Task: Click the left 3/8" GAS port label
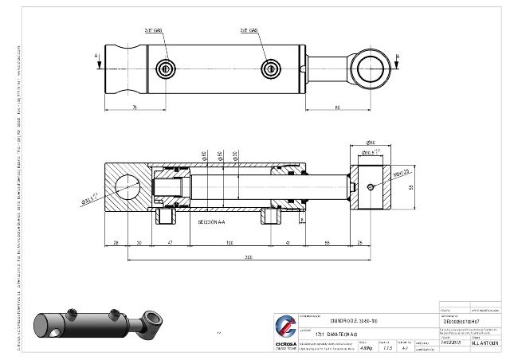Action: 154,30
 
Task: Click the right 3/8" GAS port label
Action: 249,30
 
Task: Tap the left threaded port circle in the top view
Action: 166,68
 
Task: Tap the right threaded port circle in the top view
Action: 272,68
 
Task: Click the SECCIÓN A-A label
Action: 214,222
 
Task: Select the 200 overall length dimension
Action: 248,258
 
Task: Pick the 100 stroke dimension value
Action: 229,241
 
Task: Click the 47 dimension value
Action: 169,241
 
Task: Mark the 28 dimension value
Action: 116,241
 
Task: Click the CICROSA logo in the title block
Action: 285,331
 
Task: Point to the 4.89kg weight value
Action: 367,347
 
